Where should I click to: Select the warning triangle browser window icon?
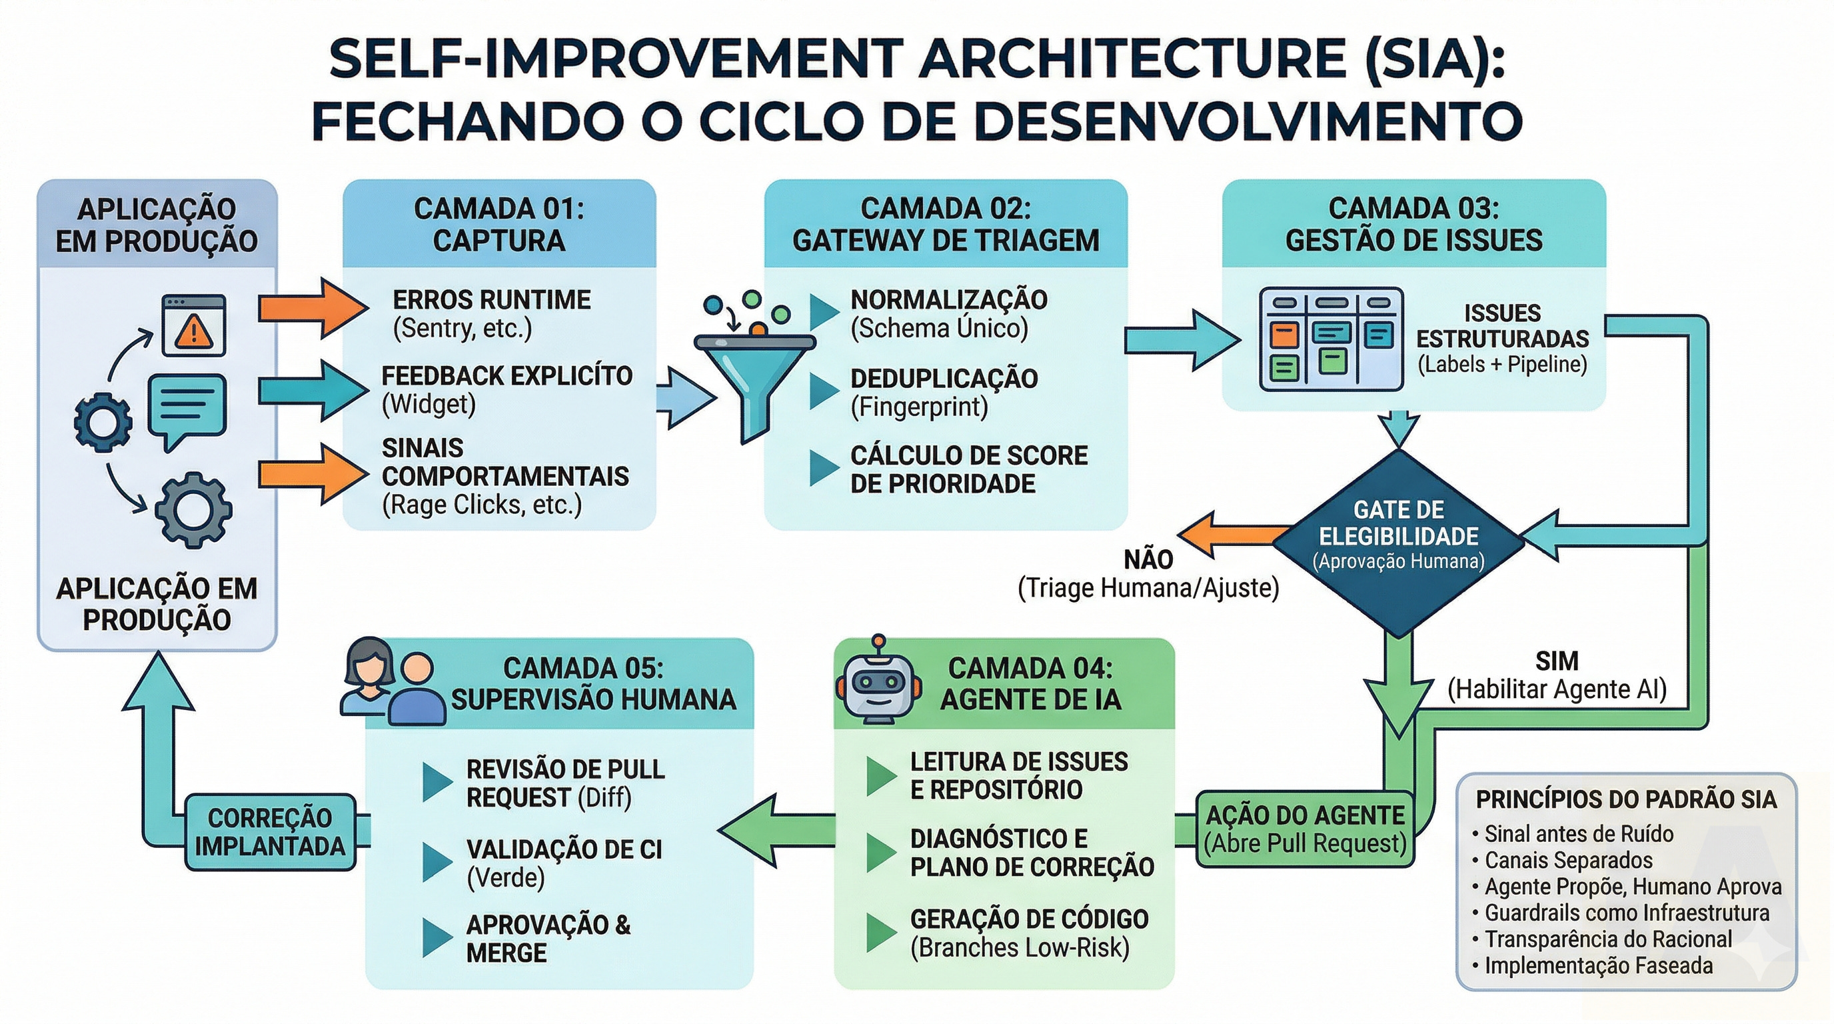pos(194,325)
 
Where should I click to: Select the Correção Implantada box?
pos(270,832)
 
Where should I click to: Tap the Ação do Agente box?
pos(1304,829)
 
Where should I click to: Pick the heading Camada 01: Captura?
pos(499,224)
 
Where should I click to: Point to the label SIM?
pos(1556,661)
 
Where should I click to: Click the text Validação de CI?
pos(564,849)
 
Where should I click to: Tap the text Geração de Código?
pos(1029,919)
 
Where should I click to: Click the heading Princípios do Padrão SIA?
pos(1626,799)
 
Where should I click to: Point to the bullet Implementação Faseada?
pos(1597,965)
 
